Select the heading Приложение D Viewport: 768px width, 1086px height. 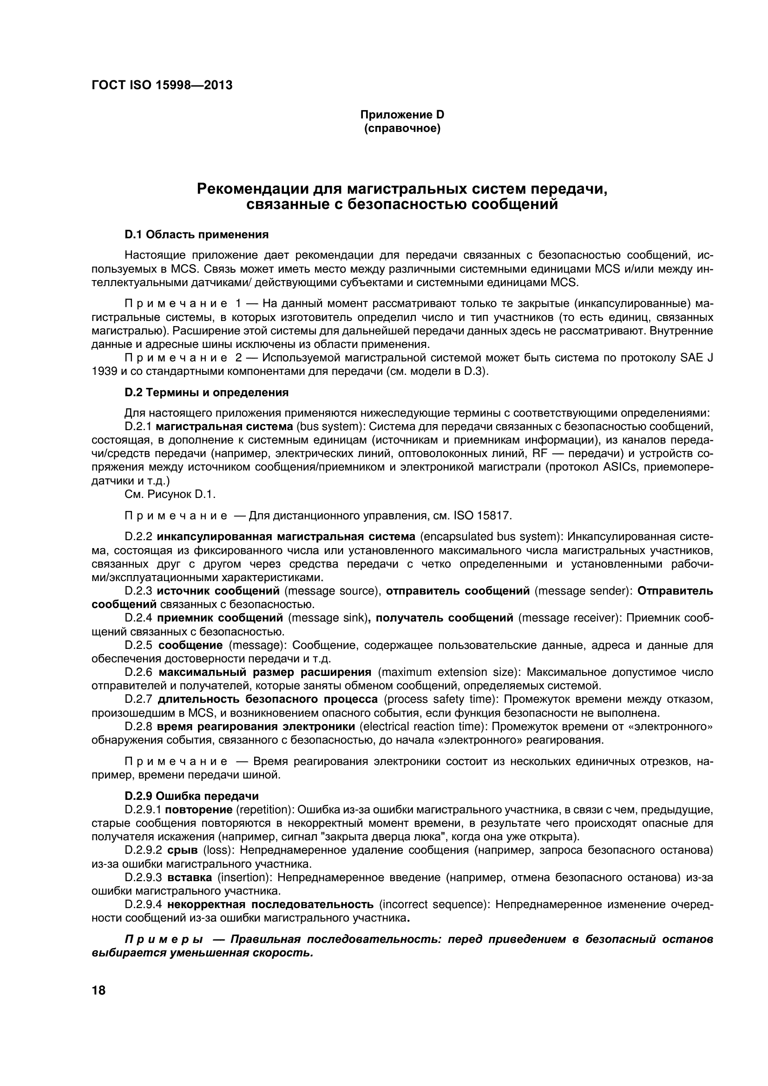click(402, 114)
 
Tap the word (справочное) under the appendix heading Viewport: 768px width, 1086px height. click(402, 128)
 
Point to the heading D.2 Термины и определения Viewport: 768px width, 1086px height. click(206, 392)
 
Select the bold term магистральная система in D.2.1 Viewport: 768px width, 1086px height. click(224, 426)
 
